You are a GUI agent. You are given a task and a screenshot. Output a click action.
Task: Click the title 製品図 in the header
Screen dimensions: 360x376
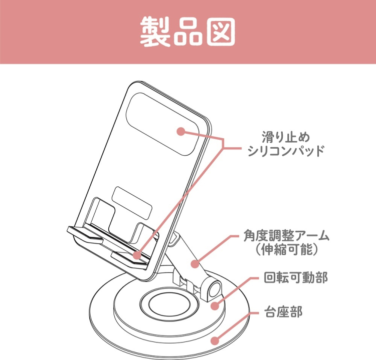pyautogui.click(x=187, y=32)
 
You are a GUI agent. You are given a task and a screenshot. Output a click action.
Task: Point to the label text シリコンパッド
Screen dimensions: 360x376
pyautogui.click(x=286, y=151)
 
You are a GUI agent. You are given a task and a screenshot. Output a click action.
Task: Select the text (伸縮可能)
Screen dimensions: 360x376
pyautogui.click(x=286, y=249)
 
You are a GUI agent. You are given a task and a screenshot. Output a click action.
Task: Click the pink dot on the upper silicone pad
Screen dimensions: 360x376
pyautogui.click(x=180, y=131)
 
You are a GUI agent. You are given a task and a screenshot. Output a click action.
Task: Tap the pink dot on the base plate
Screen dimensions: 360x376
pyautogui.click(x=215, y=341)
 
